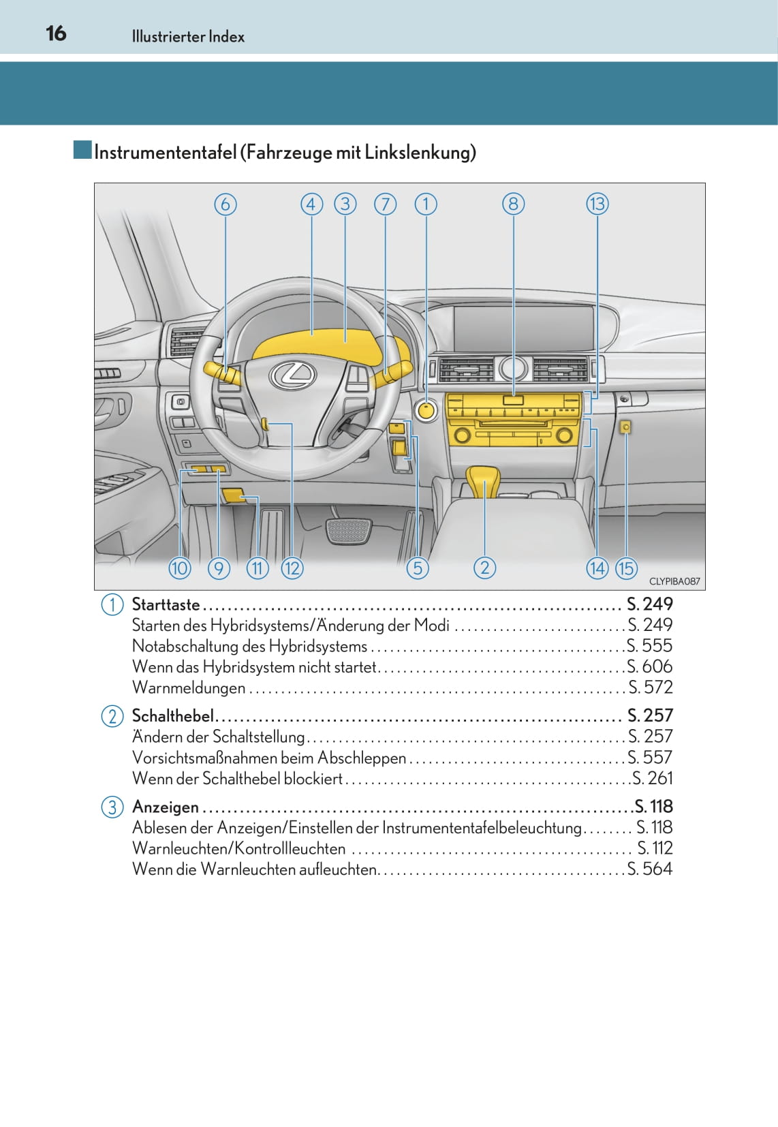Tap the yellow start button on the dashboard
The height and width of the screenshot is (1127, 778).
pos(426,410)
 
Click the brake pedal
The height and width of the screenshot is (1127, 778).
pos(349,530)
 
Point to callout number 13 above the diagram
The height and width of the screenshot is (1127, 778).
pos(597,204)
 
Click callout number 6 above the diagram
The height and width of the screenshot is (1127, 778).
pos(225,204)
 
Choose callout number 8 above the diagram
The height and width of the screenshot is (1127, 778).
pos(513,204)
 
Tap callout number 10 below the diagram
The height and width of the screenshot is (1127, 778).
pos(180,568)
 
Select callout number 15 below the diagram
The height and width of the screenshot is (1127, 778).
pos(626,568)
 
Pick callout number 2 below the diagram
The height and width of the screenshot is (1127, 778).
pos(484,568)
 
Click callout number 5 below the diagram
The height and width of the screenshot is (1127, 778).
pos(418,568)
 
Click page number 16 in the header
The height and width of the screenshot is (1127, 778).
pos(56,33)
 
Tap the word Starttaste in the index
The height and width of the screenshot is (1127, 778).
pos(166,604)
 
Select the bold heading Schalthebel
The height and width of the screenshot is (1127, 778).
pos(172,715)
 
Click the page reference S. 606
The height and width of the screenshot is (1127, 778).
pos(650,666)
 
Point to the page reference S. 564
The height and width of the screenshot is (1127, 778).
pos(650,869)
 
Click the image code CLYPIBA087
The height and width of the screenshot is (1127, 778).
pos(674,581)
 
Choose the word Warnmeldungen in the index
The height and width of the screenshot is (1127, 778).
pos(189,688)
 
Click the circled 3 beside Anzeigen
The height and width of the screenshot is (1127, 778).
pos(112,807)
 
